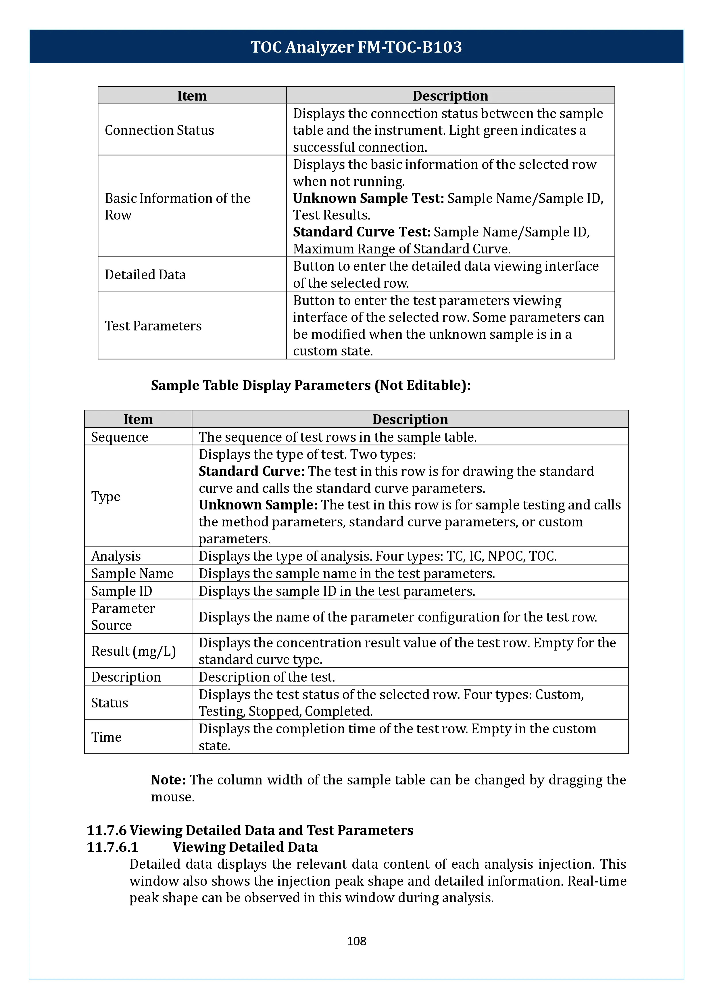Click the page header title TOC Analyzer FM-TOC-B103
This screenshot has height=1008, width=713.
(x=356, y=47)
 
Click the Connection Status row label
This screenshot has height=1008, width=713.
(x=159, y=130)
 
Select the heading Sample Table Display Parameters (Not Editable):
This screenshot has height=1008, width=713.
(x=311, y=385)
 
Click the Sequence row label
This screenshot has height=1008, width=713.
(x=120, y=437)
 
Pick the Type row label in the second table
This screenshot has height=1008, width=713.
(x=106, y=497)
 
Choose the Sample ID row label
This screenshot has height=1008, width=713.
(x=122, y=591)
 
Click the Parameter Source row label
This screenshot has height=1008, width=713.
(x=123, y=617)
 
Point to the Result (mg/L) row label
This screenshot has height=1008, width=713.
(x=133, y=651)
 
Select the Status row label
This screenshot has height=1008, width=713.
(x=110, y=703)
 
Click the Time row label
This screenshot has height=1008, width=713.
(x=106, y=737)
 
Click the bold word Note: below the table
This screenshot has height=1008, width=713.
(x=169, y=780)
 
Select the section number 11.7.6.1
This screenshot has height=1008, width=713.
(x=112, y=847)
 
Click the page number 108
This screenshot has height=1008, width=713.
(x=356, y=941)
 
